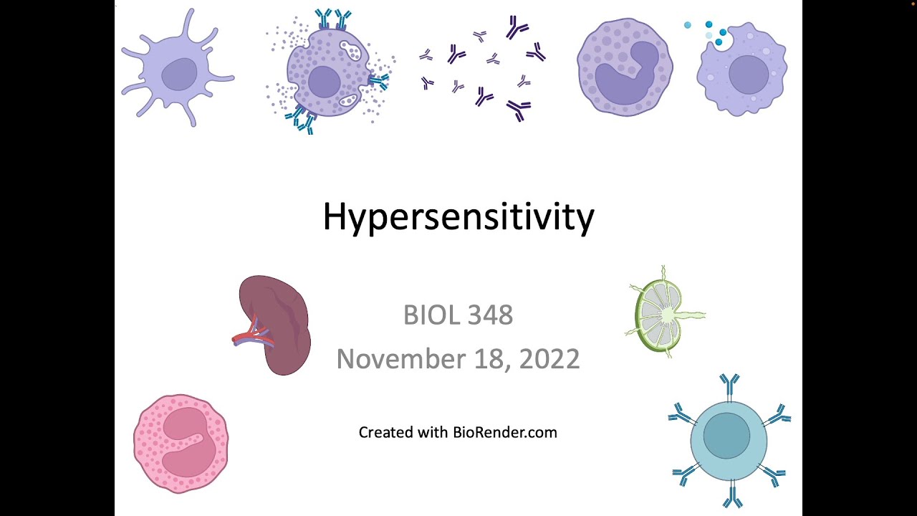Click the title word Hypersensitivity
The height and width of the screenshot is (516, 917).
(x=458, y=216)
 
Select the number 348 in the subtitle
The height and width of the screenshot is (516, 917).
(x=491, y=315)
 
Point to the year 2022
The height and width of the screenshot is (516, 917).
(x=549, y=359)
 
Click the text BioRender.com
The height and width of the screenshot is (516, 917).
(x=505, y=432)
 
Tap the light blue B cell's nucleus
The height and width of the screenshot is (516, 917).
(x=726, y=436)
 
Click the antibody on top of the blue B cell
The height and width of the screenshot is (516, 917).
(x=729, y=385)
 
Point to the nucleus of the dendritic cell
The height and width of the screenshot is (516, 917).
(x=179, y=74)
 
